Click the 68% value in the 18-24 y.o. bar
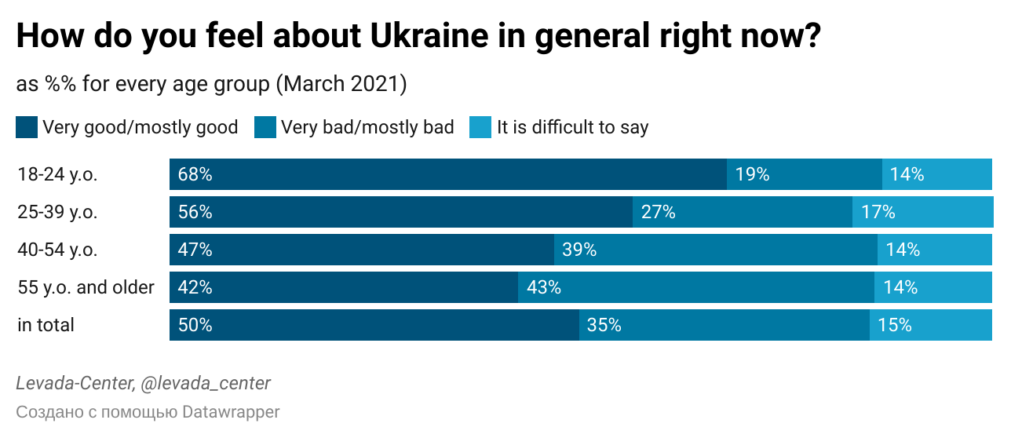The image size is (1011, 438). [195, 174]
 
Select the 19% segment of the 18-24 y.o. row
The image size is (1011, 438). [804, 174]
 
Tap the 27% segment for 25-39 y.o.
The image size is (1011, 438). [742, 212]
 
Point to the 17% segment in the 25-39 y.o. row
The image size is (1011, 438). [922, 212]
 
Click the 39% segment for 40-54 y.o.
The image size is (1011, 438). [715, 250]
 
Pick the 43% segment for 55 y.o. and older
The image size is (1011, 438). [695, 287]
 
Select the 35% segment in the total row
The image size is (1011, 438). [724, 325]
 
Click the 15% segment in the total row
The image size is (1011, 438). [930, 325]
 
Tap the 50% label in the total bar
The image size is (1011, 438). [195, 325]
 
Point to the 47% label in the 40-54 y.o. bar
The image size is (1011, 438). [195, 250]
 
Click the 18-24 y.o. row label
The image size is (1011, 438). [57, 174]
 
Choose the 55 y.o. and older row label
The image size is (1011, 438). [86, 287]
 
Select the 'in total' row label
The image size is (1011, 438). [46, 325]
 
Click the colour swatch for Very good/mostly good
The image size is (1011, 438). [27, 127]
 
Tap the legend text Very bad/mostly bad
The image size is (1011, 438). [367, 127]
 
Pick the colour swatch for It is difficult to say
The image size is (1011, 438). [480, 127]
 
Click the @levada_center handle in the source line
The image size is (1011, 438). [205, 383]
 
